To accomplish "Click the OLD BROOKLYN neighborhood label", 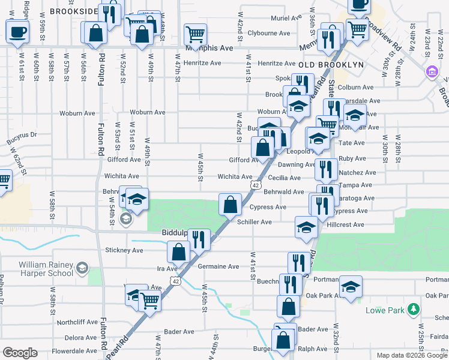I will coord(329,64).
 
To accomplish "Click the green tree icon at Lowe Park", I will coord(412,310).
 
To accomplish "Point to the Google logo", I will coord(20,353).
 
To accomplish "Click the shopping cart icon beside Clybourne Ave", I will coord(195,34).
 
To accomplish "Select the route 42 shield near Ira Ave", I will coord(175,280).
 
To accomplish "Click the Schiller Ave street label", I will coord(255,222).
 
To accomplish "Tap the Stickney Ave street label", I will coord(124,250).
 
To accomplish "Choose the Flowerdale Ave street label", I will coord(74,351).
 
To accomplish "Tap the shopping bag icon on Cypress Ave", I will coord(230,205).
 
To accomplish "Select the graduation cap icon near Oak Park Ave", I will coord(351,287).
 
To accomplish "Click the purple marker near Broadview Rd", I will coord(431,72).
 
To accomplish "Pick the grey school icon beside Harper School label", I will coord(82,267).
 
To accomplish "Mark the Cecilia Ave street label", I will coord(284,178).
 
